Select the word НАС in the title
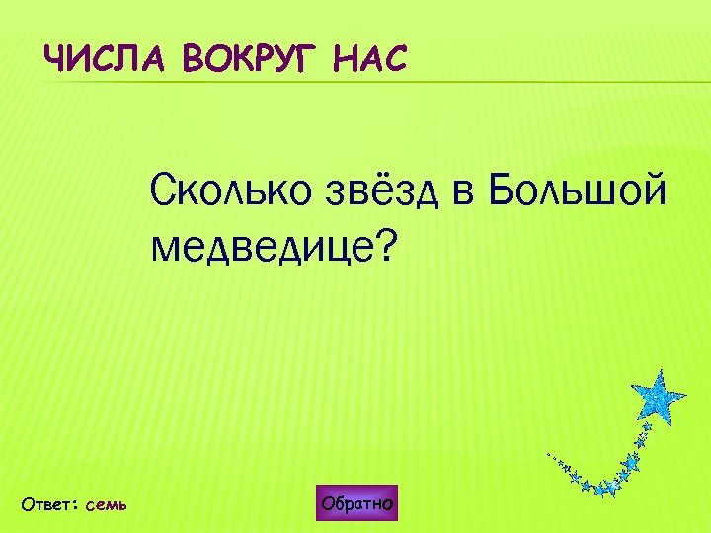pos(370,61)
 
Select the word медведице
pos(262,247)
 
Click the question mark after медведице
pos(382,244)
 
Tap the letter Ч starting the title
pos(55,61)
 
